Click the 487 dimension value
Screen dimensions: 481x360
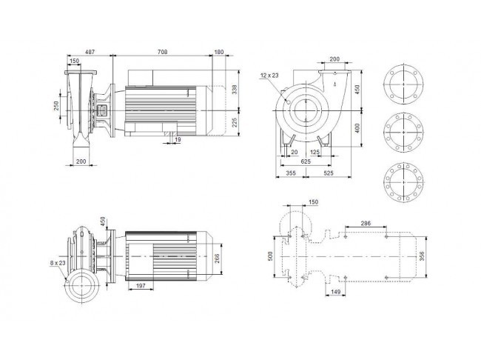(x=90, y=52)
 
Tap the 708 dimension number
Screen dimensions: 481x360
(x=163, y=52)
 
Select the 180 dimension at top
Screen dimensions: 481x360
(x=219, y=52)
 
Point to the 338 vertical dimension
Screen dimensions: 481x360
(x=235, y=89)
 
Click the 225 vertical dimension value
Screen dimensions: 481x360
(x=235, y=122)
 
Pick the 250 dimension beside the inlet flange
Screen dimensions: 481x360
(x=56, y=106)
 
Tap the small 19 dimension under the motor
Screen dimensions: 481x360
(x=178, y=140)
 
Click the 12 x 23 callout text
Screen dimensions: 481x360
(x=269, y=76)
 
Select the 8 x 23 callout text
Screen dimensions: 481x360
(x=58, y=263)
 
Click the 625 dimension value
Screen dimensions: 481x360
(x=306, y=161)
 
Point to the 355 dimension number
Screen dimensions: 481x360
(x=291, y=173)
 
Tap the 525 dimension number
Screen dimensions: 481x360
(x=329, y=173)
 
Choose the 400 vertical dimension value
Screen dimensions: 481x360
(x=357, y=128)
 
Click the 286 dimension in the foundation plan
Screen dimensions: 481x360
(x=366, y=223)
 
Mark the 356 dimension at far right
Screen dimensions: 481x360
(x=422, y=256)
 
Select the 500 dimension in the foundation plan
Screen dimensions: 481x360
(x=270, y=256)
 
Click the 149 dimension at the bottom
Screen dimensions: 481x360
(x=336, y=292)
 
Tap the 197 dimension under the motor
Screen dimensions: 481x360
(x=141, y=286)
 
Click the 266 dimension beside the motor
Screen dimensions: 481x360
(x=217, y=259)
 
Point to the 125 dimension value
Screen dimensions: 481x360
(x=314, y=152)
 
